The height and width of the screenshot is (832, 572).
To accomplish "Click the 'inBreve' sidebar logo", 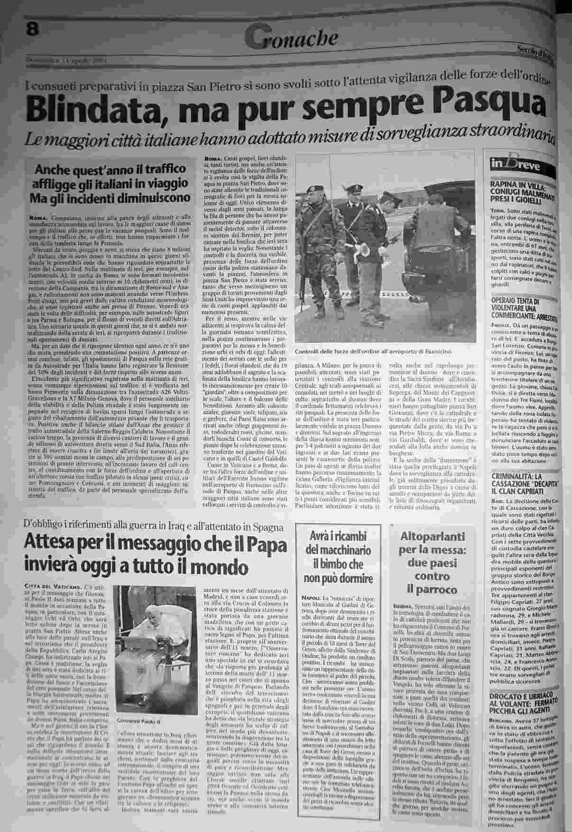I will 518,166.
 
